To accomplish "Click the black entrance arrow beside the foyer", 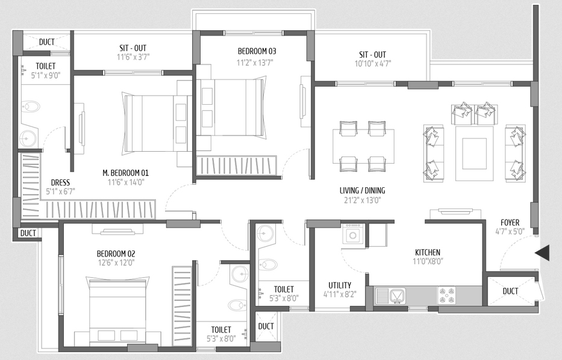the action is (542, 252).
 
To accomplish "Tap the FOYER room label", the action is (510, 223).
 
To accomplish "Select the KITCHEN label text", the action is (428, 252).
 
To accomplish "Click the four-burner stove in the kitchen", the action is (446, 296).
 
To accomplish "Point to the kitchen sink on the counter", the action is (396, 296).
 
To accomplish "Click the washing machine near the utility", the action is (353, 235).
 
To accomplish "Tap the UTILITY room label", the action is (340, 285).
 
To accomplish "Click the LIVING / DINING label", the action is (363, 190).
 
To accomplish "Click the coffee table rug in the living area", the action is (474, 154).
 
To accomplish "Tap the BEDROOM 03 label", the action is (257, 51).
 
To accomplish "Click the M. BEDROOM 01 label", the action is (125, 173).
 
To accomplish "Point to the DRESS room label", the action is (60, 182).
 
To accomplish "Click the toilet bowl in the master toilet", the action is (31, 107).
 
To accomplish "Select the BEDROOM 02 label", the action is (116, 253).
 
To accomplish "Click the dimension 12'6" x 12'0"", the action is (116, 263).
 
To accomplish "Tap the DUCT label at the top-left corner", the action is (46, 42).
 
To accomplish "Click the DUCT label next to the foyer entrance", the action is (510, 291).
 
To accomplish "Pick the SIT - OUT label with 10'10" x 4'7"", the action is (373, 55).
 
